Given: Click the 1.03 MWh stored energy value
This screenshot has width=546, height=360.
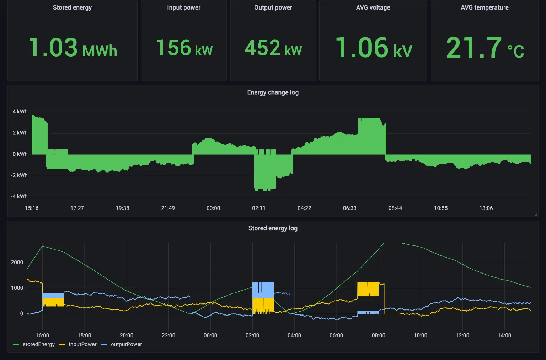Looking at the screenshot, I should click(x=73, y=48).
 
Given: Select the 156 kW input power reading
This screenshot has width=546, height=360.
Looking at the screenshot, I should click(x=184, y=48).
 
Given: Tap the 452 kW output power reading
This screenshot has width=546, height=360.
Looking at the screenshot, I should click(x=273, y=48).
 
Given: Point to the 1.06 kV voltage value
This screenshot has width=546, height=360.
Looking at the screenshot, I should click(x=373, y=48).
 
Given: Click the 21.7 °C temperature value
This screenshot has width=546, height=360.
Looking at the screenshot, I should click(x=485, y=48).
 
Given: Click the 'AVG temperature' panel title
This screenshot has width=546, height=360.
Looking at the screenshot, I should click(x=485, y=7).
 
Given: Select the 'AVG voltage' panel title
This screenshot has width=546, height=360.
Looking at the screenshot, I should click(x=373, y=7).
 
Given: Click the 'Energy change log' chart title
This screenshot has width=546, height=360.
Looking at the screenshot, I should click(x=273, y=92).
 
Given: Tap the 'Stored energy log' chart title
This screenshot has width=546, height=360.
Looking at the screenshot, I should click(x=273, y=228).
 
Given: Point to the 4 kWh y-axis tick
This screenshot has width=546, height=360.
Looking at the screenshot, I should click(x=20, y=112).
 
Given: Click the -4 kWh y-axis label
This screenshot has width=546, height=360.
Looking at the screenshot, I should click(x=19, y=197).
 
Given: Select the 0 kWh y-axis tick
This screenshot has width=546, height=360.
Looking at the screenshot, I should click(x=20, y=154).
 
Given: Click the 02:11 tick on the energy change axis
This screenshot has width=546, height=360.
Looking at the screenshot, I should click(x=259, y=208).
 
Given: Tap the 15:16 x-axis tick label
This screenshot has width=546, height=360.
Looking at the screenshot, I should click(x=32, y=208).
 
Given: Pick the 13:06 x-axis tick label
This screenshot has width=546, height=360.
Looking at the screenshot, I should click(x=486, y=208).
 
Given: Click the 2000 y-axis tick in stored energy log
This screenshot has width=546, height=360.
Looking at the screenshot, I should click(x=17, y=263).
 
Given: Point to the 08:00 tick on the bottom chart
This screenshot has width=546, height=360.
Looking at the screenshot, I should click(x=378, y=335).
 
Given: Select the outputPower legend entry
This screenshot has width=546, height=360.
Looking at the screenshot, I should click(x=126, y=345).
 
